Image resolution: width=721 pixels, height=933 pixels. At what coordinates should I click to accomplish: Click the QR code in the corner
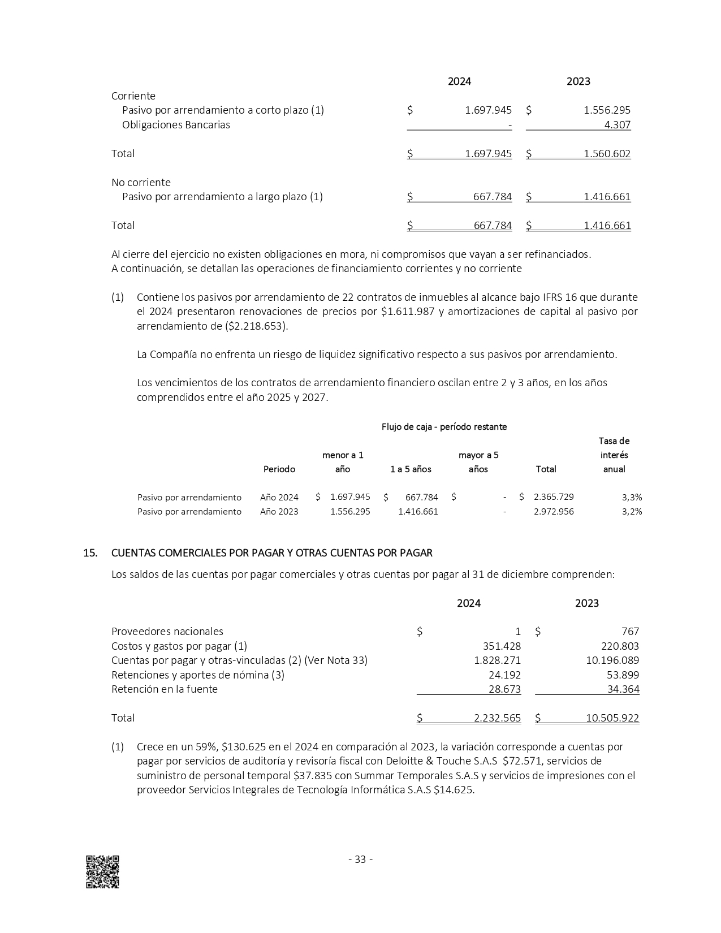(x=102, y=871)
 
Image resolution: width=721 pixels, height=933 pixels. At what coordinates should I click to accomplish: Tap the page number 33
(x=360, y=859)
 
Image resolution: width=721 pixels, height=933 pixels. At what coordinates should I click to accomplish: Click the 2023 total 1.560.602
(x=607, y=154)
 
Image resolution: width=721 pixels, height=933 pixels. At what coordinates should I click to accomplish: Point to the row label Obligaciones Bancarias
(x=176, y=125)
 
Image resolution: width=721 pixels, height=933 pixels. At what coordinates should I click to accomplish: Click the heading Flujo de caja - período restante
(x=444, y=427)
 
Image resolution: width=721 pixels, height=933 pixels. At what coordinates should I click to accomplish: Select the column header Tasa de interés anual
(x=614, y=455)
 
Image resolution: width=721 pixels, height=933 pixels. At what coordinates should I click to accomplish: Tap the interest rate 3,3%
(x=632, y=498)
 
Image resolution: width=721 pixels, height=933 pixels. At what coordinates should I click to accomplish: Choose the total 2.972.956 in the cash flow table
(x=554, y=512)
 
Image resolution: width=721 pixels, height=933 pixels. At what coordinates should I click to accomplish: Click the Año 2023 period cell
(x=279, y=512)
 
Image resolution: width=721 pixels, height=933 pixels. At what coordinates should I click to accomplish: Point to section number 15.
(x=90, y=553)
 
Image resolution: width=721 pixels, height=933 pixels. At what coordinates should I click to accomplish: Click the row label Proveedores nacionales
(x=167, y=632)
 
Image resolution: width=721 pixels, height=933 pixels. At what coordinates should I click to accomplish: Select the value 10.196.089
(x=612, y=660)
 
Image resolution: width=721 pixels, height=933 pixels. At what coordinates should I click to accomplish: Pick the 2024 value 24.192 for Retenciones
(x=504, y=675)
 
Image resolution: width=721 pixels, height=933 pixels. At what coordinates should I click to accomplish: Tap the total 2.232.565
(x=497, y=718)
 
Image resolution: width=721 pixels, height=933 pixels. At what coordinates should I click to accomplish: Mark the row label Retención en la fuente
(x=165, y=689)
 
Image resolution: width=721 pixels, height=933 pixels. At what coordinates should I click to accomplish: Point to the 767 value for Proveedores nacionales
(x=630, y=632)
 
